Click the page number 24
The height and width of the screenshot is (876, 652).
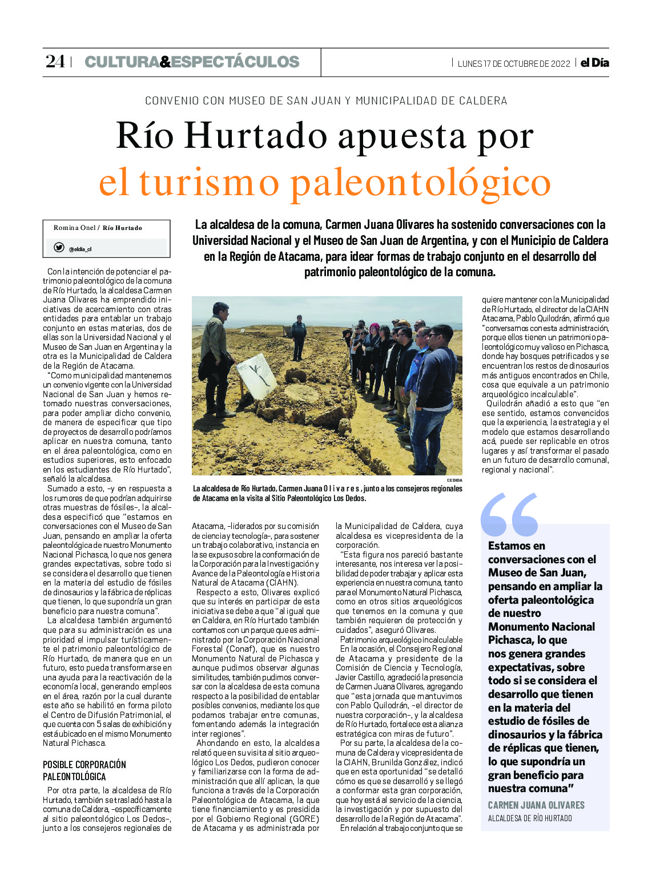pyautogui.click(x=55, y=62)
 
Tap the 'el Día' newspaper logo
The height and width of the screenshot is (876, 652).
pyautogui.click(x=595, y=63)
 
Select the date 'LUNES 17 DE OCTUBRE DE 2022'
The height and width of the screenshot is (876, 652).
pyautogui.click(x=514, y=63)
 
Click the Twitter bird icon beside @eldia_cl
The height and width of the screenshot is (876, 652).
pyautogui.click(x=59, y=248)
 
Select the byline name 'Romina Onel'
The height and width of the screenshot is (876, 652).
pyautogui.click(x=75, y=228)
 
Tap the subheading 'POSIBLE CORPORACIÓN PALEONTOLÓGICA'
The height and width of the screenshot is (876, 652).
pyautogui.click(x=84, y=770)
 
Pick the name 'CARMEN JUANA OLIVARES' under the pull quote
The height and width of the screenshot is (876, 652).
pyautogui.click(x=536, y=805)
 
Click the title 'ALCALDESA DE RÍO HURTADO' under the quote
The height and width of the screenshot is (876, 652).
pyautogui.click(x=530, y=818)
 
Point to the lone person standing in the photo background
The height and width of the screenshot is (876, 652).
pyautogui.click(x=298, y=337)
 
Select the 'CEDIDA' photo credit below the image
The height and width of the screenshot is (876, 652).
pyautogui.click(x=454, y=480)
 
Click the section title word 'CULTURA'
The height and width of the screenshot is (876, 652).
pyautogui.click(x=122, y=62)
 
